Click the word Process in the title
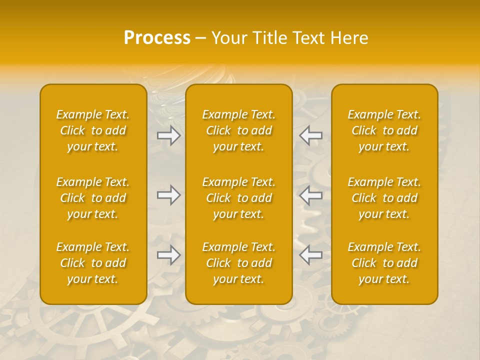click(157, 38)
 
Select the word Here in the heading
click(349, 38)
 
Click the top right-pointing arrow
click(169, 135)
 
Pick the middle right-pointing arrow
click(169, 195)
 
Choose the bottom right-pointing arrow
click(169, 255)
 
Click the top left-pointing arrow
click(311, 135)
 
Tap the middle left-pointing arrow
click(311, 195)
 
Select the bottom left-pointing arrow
click(311, 255)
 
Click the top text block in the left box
click(93, 130)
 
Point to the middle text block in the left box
click(93, 198)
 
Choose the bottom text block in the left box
click(93, 263)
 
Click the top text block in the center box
click(239, 130)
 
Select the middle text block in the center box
click(239, 198)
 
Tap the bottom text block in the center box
click(239, 263)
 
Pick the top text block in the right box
click(384, 130)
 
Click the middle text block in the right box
click(384, 198)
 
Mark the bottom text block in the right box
click(384, 263)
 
